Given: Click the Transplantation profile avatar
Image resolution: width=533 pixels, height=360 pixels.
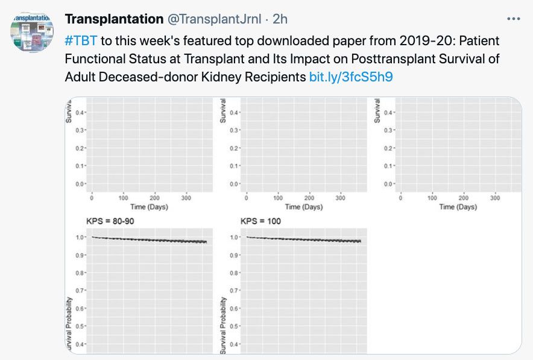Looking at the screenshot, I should pos(32,32).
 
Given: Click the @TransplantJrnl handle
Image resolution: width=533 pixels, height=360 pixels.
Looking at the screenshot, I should pos(213,19).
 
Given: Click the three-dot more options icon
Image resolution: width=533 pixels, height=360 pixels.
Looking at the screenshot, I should pos(513,19).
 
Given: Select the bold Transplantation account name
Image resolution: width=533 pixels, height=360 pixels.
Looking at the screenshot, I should pos(113,19).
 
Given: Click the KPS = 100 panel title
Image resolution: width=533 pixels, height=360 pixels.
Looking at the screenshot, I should pos(260,221).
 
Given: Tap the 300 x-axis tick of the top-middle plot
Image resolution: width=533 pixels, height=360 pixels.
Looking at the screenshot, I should pos(340,198).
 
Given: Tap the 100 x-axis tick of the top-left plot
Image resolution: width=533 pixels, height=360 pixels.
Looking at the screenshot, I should pos(123,198).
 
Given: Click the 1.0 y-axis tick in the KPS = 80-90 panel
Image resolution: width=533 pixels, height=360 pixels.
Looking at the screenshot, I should pos(80,237).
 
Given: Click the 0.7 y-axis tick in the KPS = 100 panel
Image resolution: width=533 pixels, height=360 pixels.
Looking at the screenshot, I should pos(234,291).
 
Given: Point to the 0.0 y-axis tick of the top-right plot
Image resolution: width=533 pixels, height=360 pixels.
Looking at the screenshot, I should pos(388,183).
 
